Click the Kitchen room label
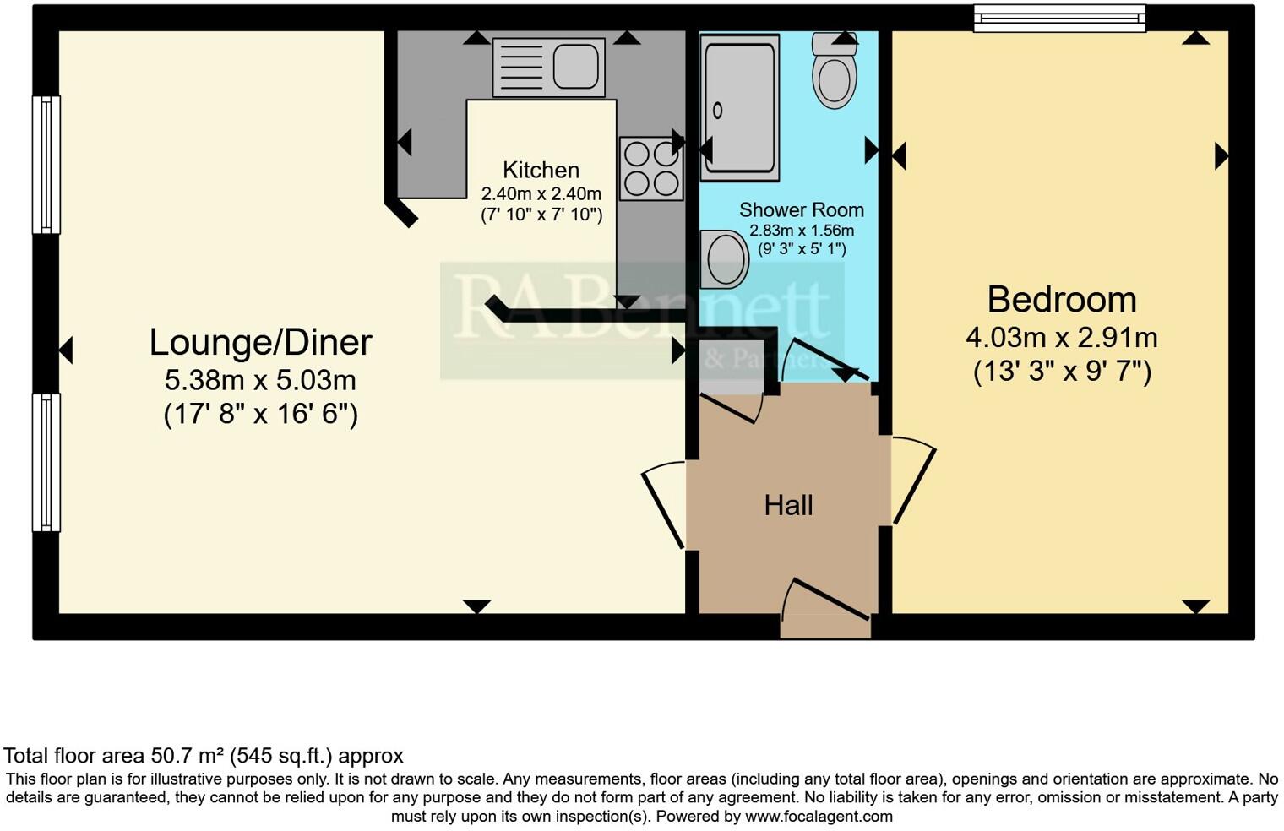tap(541, 170)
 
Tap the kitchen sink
tap(548, 66)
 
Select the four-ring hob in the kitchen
tap(650, 169)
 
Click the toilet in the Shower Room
tap(835, 73)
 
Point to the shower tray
tap(739, 107)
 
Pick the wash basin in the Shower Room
tap(724, 259)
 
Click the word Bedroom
tap(1062, 300)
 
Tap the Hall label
tap(788, 505)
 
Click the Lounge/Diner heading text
tap(260, 342)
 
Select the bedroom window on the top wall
tap(1059, 18)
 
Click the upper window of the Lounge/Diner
tap(46, 165)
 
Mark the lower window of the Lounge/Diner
tap(46, 462)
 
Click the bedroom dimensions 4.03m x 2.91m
tap(1062, 338)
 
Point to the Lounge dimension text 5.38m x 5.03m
tap(260, 380)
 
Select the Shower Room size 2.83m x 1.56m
tap(802, 231)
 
